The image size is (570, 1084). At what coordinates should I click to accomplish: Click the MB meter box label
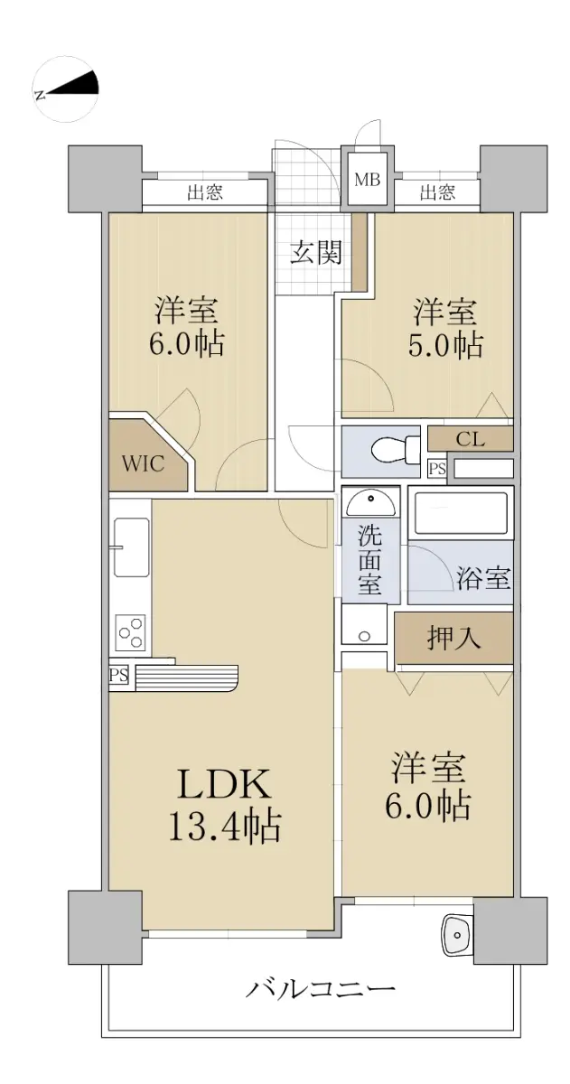click(x=368, y=180)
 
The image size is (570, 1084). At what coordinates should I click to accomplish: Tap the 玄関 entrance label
click(x=316, y=252)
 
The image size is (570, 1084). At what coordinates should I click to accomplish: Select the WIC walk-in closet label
click(x=143, y=463)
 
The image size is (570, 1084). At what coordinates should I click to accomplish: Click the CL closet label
click(x=470, y=439)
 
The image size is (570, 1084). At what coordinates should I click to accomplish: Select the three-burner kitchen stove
click(x=131, y=632)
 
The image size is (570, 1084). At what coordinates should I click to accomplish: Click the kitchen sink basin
click(x=131, y=547)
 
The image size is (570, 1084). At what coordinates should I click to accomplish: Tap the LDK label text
click(x=224, y=785)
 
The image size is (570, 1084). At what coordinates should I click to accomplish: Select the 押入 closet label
click(x=453, y=638)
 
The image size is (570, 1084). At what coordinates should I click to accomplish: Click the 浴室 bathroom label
click(x=484, y=578)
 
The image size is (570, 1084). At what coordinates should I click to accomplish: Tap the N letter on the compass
click(x=40, y=94)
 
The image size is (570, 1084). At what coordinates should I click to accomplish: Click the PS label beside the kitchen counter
click(x=119, y=675)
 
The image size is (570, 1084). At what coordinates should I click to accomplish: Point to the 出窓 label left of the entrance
click(x=205, y=193)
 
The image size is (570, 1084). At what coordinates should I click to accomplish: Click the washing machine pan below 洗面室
click(x=364, y=624)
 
